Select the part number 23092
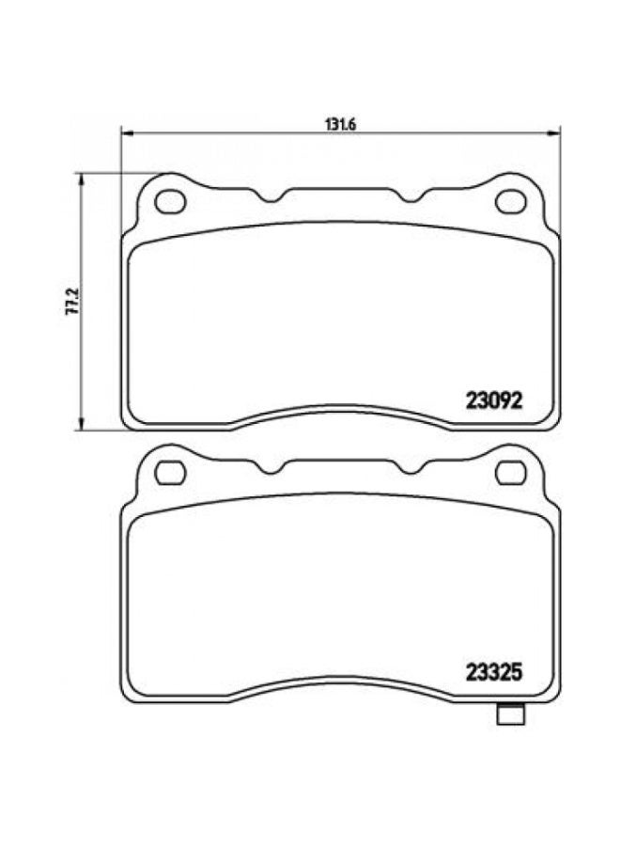pyautogui.click(x=493, y=399)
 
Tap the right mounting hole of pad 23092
pyautogui.click(x=512, y=201)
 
